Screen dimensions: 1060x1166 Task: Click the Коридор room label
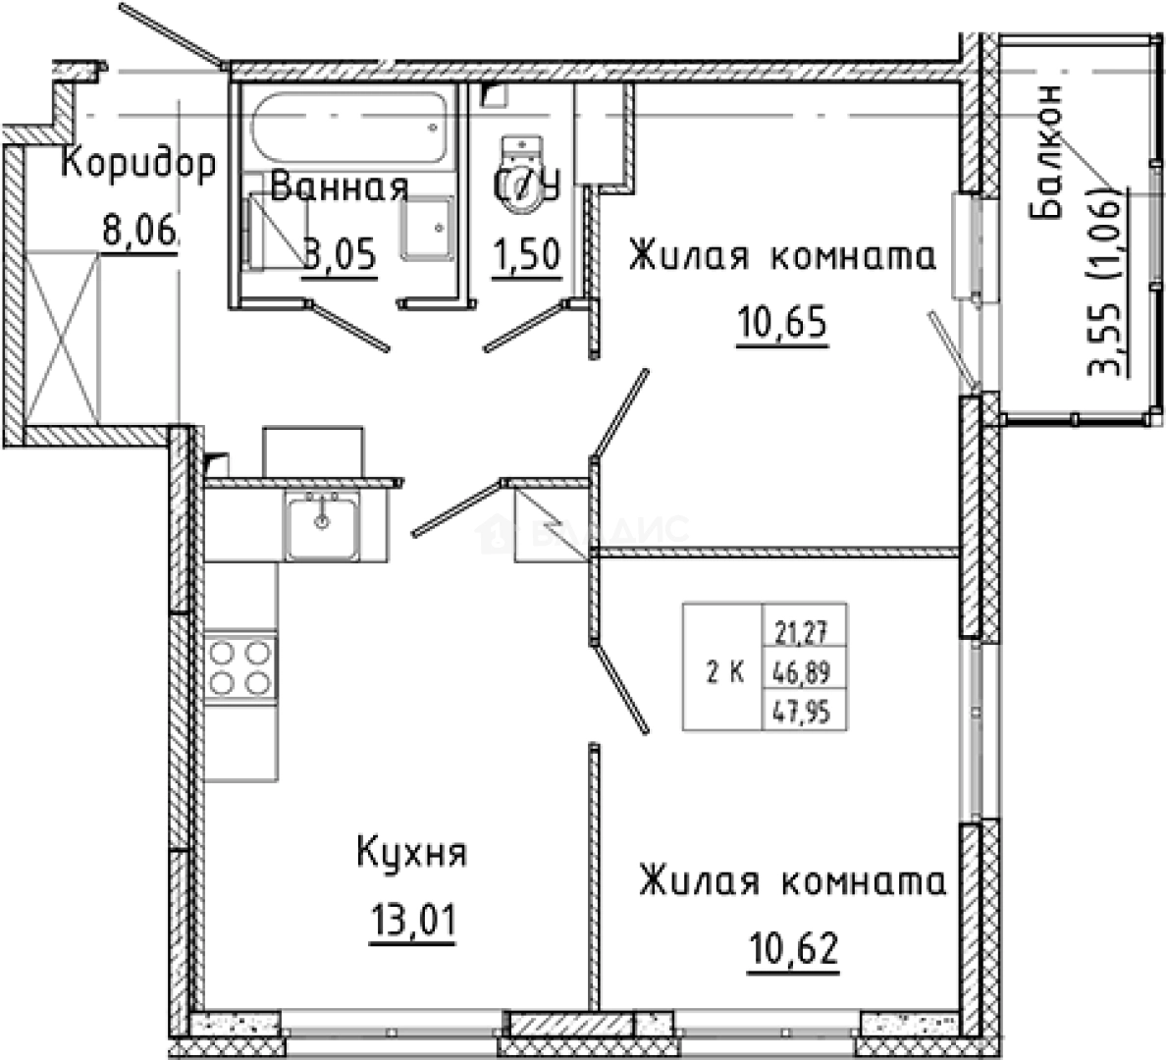137,164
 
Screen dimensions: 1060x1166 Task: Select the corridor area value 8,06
137,232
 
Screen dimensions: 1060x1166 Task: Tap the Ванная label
338,186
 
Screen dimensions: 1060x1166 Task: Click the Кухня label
411,851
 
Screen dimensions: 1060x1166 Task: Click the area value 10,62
794,950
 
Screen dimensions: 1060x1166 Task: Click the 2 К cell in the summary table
723,673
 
